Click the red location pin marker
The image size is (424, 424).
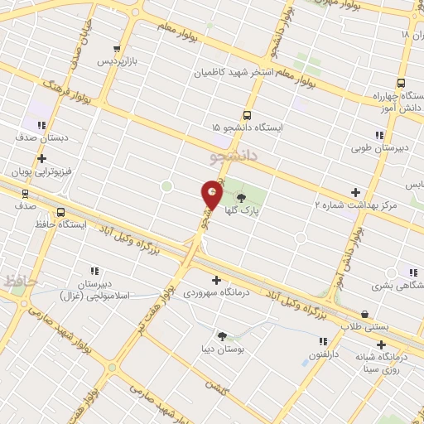[212, 195]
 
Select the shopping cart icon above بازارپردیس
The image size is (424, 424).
[117, 49]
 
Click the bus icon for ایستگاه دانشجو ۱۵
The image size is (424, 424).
[246, 115]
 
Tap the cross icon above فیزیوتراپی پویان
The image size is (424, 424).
[41, 158]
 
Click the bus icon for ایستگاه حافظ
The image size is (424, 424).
[61, 212]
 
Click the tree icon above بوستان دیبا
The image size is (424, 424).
[221, 335]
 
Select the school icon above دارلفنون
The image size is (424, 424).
[323, 341]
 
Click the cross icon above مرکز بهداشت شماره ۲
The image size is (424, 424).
[356, 190]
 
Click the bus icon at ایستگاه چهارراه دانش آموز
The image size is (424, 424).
[401, 83]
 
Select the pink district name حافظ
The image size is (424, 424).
[20, 282]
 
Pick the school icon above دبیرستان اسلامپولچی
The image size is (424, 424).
[94, 270]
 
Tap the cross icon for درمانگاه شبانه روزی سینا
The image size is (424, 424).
[381, 344]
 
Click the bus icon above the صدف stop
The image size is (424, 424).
[24, 193]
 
